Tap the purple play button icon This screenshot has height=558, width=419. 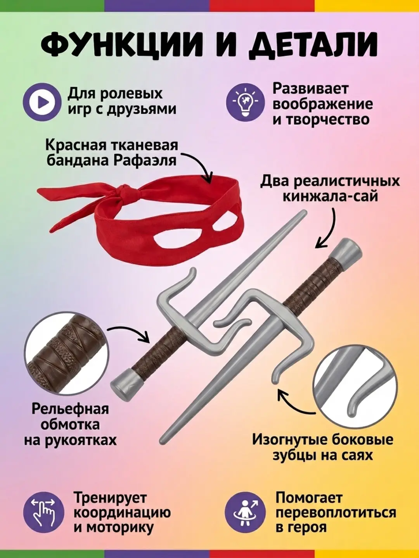pos(42,102)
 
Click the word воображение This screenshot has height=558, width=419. pos(323,104)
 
